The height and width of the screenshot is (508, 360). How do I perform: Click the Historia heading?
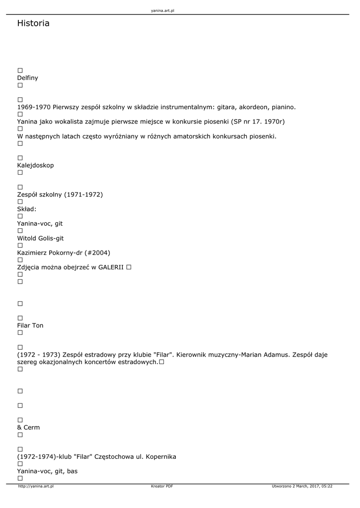point(33,23)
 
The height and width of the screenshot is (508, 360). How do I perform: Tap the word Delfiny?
point(27,78)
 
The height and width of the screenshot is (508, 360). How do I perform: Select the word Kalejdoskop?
point(35,165)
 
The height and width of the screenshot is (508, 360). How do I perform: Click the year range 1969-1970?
point(34,107)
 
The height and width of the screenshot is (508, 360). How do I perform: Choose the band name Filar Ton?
point(30,325)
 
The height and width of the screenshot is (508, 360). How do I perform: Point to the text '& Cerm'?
point(28,428)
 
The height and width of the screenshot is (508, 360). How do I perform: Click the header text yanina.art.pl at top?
point(162,10)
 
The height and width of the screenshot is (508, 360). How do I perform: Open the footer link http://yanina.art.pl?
point(36,486)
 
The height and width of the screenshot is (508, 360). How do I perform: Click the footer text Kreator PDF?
point(162,486)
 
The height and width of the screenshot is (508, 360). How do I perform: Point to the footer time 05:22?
point(326,486)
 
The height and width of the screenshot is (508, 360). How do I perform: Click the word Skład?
point(27,209)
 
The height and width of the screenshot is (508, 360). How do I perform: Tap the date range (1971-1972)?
point(83,194)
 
